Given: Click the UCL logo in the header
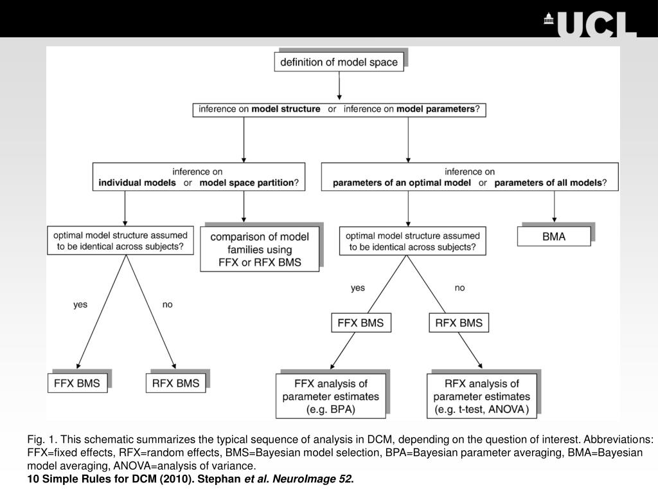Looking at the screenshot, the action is coord(591,24).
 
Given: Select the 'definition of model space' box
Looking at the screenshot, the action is coord(339,62).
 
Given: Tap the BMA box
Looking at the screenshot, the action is coord(554,236).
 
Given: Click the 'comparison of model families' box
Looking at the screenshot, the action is coord(260,249).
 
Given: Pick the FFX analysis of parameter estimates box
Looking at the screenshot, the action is coord(331,396).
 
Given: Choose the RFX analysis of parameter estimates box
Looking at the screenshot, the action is coord(482,396).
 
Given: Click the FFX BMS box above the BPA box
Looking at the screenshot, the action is coord(361,323).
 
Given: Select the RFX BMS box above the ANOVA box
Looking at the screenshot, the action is coord(459,323).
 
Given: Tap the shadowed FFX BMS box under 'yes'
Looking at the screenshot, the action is coord(77,383).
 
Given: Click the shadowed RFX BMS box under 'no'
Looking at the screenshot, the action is coord(176,383).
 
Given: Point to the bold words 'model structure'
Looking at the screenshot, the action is coord(286,109).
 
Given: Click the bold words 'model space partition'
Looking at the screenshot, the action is coord(247,183).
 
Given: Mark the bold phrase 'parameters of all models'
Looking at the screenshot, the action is coord(548,183).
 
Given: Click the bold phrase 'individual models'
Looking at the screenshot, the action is coord(138,183).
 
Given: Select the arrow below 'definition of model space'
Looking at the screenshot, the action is coord(339,86).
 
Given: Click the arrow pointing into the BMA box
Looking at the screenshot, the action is coord(555,206).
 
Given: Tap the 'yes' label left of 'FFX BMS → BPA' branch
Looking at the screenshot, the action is coord(358,288).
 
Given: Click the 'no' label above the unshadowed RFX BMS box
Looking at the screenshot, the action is coord(460,288).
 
